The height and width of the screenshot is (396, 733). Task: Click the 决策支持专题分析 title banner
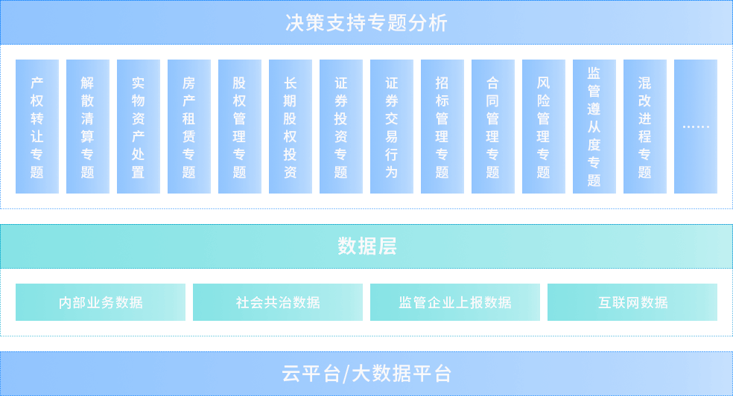click(x=366, y=22)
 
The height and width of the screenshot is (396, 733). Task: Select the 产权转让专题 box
click(x=37, y=127)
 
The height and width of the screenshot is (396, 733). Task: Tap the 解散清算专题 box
click(x=88, y=127)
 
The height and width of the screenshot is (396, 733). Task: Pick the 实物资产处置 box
click(x=139, y=127)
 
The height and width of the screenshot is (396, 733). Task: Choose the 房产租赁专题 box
click(x=189, y=127)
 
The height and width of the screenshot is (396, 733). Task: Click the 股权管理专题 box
click(x=240, y=127)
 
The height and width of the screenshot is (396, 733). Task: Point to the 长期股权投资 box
click(x=291, y=127)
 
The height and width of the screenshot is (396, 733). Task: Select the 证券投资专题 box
click(x=341, y=127)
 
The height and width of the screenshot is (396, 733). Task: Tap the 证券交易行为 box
click(x=392, y=127)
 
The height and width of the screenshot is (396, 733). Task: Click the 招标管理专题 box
click(x=442, y=127)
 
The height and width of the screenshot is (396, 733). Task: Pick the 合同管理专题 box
click(x=493, y=127)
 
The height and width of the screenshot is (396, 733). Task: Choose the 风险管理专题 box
click(x=544, y=127)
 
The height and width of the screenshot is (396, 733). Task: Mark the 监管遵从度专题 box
click(x=594, y=127)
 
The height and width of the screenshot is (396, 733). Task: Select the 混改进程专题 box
click(x=645, y=127)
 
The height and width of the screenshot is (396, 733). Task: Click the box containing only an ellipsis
click(x=696, y=127)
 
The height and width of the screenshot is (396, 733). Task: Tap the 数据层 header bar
click(x=366, y=246)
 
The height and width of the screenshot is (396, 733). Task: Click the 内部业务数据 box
click(x=101, y=302)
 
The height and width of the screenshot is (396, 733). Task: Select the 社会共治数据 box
click(x=278, y=302)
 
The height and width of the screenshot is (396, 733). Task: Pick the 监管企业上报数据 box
click(x=455, y=302)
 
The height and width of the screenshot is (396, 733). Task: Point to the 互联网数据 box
click(x=632, y=302)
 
